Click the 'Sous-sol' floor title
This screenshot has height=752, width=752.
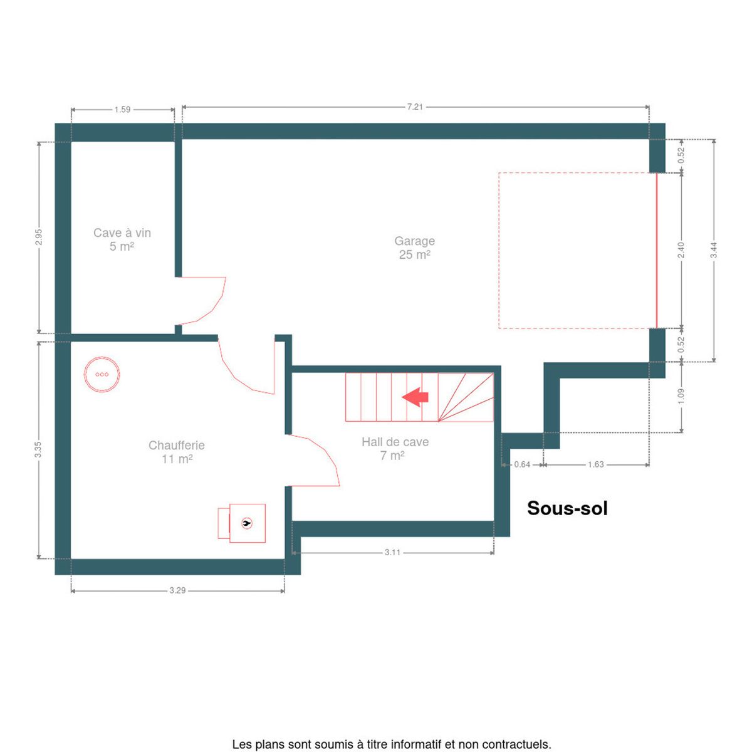567,508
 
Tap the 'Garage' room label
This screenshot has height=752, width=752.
414,241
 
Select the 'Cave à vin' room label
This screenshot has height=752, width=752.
122,232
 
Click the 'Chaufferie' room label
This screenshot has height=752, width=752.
176,445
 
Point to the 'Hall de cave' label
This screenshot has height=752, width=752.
395,442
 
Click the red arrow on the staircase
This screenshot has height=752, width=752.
415,397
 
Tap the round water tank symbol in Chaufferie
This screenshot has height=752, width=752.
102,374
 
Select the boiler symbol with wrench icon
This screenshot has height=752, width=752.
241,523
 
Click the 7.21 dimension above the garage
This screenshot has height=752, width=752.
415,107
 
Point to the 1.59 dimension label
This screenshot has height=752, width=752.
122,110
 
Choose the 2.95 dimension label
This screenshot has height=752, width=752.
39,238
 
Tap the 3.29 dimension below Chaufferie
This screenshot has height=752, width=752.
177,590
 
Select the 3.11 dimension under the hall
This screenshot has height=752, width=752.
392,552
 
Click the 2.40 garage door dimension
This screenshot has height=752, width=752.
681,250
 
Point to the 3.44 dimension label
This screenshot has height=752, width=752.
714,250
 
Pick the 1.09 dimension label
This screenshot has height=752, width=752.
681,397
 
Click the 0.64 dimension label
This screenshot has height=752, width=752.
522,464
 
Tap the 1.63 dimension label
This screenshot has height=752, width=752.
595,464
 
